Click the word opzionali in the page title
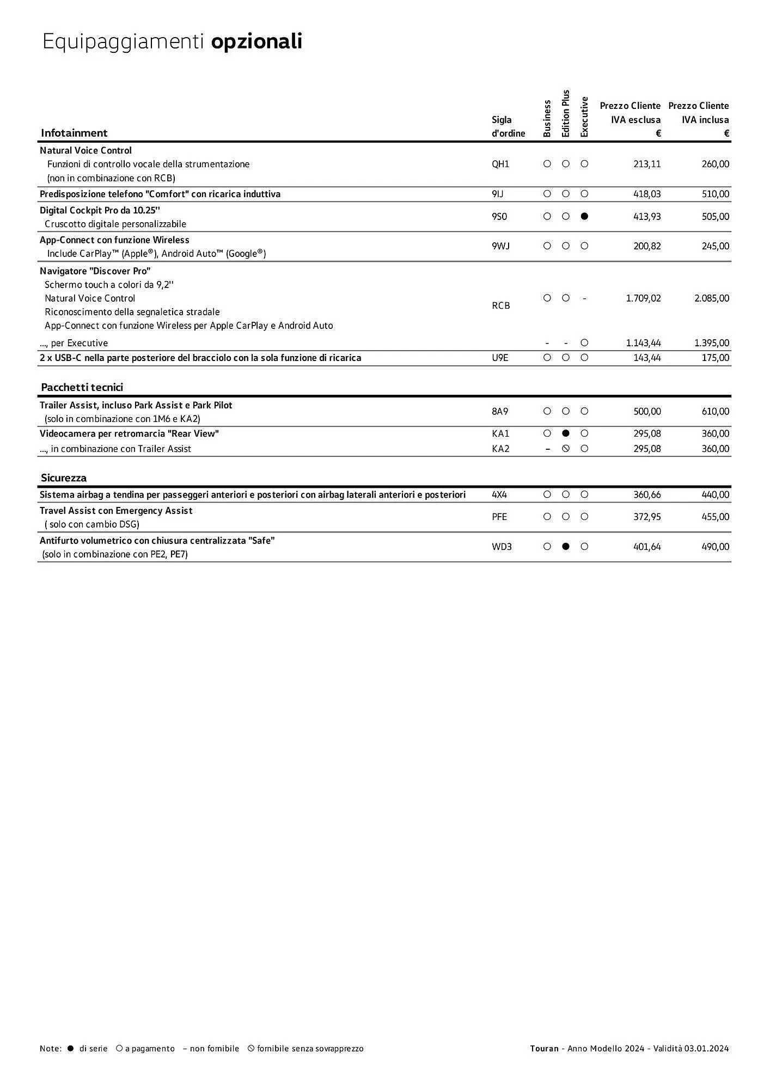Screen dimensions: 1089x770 (x=256, y=42)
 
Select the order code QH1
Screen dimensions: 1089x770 (x=500, y=164)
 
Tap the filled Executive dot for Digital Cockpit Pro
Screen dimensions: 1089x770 (x=584, y=216)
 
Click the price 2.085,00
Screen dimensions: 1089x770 (x=711, y=298)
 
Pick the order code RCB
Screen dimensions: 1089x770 (x=500, y=305)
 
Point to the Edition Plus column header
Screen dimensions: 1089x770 (x=566, y=114)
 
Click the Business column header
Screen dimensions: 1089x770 (x=547, y=118)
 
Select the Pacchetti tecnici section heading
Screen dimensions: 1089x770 (x=82, y=387)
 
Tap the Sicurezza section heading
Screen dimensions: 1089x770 (x=63, y=478)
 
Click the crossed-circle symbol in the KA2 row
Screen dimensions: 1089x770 (x=566, y=449)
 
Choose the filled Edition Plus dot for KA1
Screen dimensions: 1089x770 (x=566, y=433)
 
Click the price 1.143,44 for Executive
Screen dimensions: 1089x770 (x=643, y=343)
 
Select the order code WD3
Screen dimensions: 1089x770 (x=502, y=547)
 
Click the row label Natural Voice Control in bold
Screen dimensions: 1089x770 (x=85, y=150)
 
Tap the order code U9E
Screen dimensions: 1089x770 (x=500, y=358)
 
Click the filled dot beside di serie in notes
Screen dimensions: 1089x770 (x=70, y=1049)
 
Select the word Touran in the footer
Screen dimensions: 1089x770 (x=544, y=1049)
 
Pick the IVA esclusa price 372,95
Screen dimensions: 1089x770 (x=647, y=517)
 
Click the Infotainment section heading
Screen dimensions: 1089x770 (x=74, y=133)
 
